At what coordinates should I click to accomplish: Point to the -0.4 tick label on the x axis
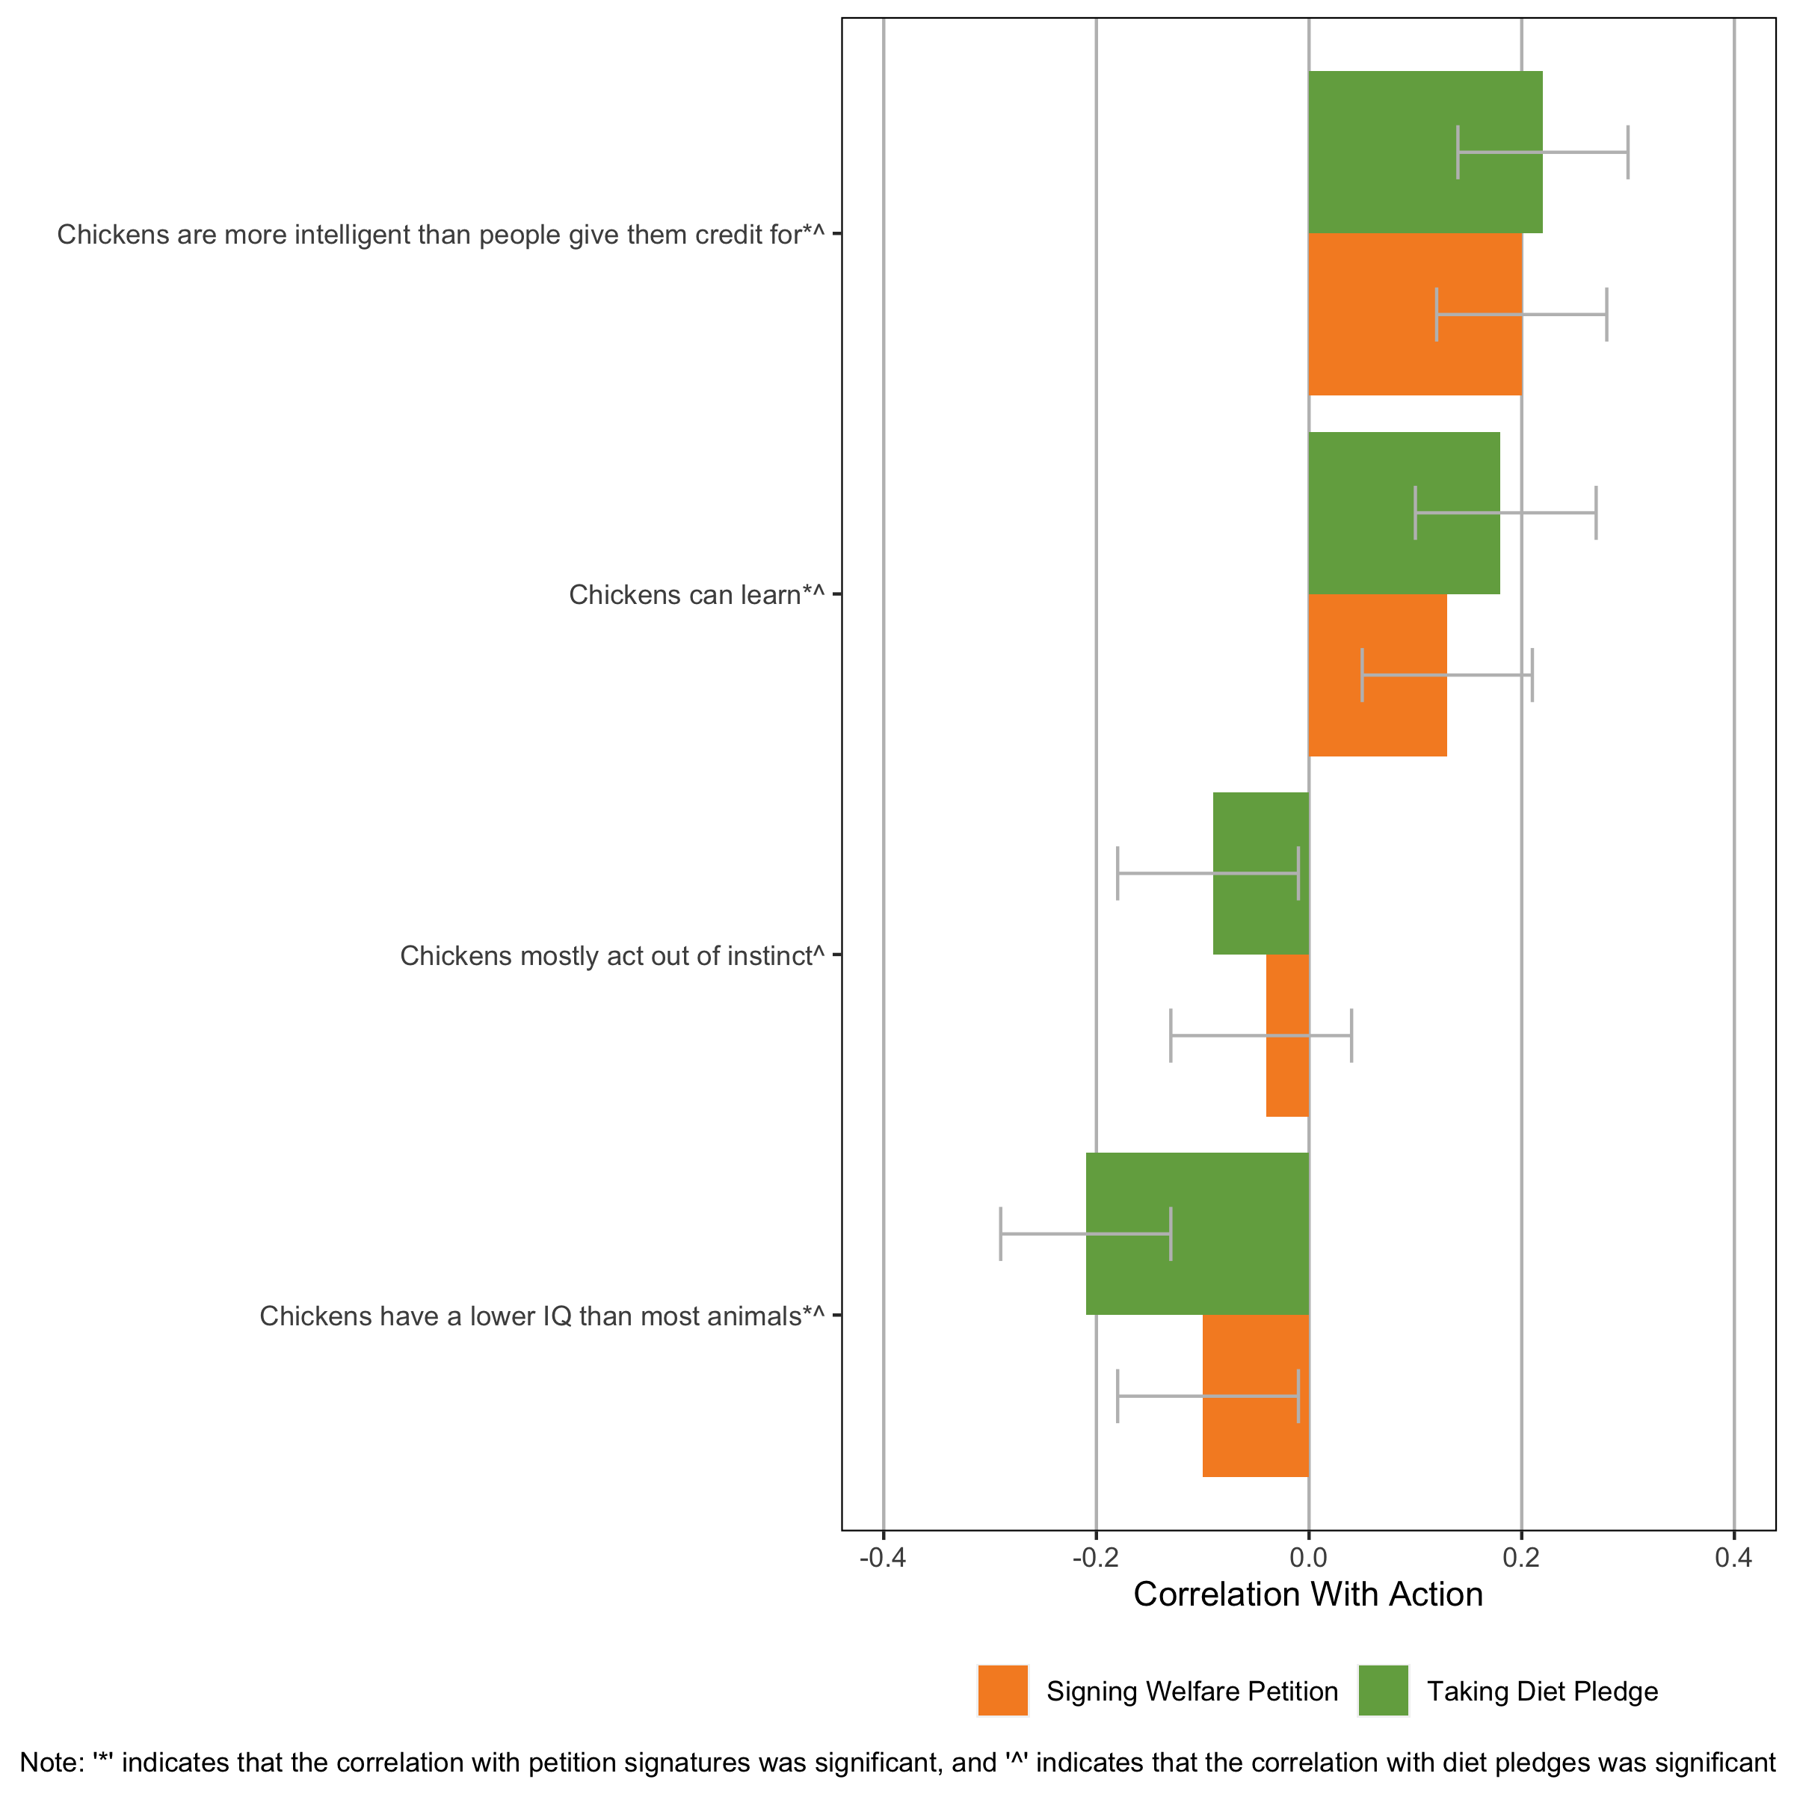pyautogui.click(x=882, y=1557)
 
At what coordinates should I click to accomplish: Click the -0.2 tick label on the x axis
pyautogui.click(x=1095, y=1557)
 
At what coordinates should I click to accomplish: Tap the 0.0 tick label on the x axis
pyautogui.click(x=1308, y=1557)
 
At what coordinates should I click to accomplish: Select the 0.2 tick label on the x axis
pyautogui.click(x=1521, y=1557)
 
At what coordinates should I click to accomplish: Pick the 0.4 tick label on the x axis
pyautogui.click(x=1733, y=1557)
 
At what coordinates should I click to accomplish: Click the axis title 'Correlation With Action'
pyautogui.click(x=1308, y=1594)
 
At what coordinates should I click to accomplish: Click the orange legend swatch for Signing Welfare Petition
pyautogui.click(x=1003, y=1691)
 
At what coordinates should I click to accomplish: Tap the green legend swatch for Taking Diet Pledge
pyautogui.click(x=1383, y=1691)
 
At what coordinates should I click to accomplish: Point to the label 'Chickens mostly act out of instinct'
pyautogui.click(x=611, y=955)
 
